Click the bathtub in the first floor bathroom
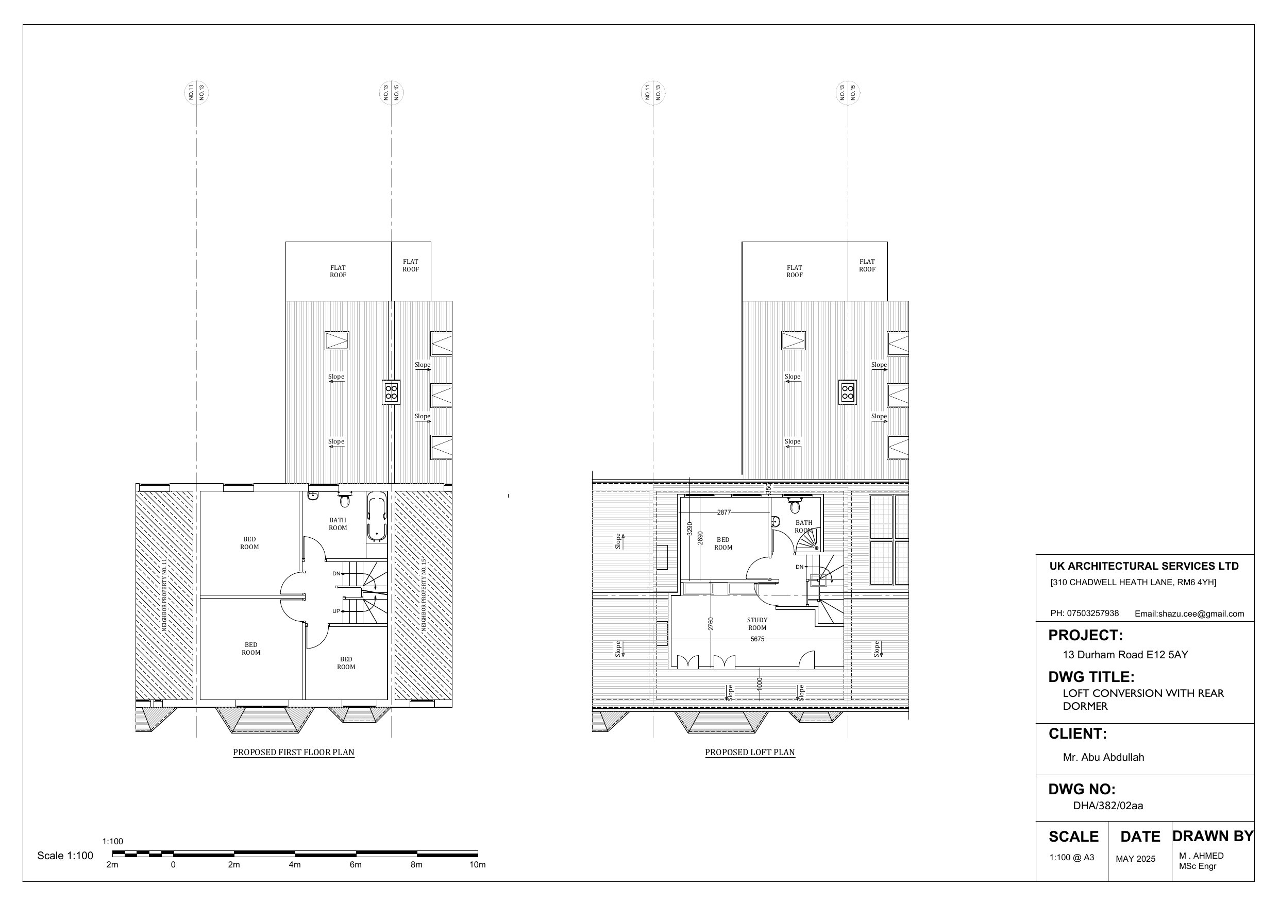click(377, 516)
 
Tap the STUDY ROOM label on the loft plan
click(757, 624)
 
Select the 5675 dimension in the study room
click(757, 639)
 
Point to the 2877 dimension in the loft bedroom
click(723, 513)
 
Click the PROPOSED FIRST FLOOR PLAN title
click(294, 752)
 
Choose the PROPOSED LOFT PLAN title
click(750, 752)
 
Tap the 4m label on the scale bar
click(295, 864)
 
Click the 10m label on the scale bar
click(477, 864)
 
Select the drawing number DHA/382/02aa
click(1108, 806)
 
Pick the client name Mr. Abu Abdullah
click(1103, 757)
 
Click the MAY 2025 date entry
click(1135, 859)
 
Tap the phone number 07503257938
click(1092, 613)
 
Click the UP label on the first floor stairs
click(336, 611)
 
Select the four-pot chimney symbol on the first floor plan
click(391, 391)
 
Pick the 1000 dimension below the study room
click(759, 684)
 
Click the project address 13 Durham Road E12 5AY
click(1125, 655)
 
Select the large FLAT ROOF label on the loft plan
click(795, 271)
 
